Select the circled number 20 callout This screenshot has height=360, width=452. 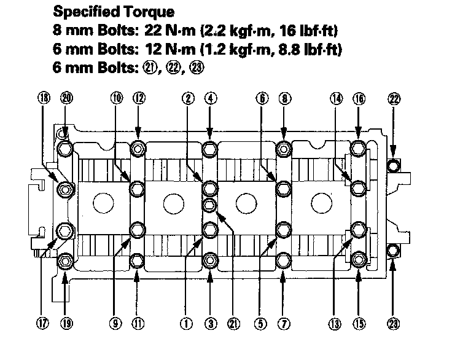coord(66,98)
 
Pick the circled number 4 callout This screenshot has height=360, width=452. coord(210,98)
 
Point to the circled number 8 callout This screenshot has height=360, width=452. coord(283,98)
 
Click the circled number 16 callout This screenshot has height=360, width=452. coord(359,98)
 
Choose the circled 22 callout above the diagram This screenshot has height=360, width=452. coord(394,98)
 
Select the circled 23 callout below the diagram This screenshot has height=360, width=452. coord(394,321)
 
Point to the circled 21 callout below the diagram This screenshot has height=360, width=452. coord(232,321)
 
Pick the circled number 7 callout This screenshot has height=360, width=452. coord(283,321)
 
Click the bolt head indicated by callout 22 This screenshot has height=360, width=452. coord(394,165)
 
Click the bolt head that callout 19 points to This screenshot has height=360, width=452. coord(66,262)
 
